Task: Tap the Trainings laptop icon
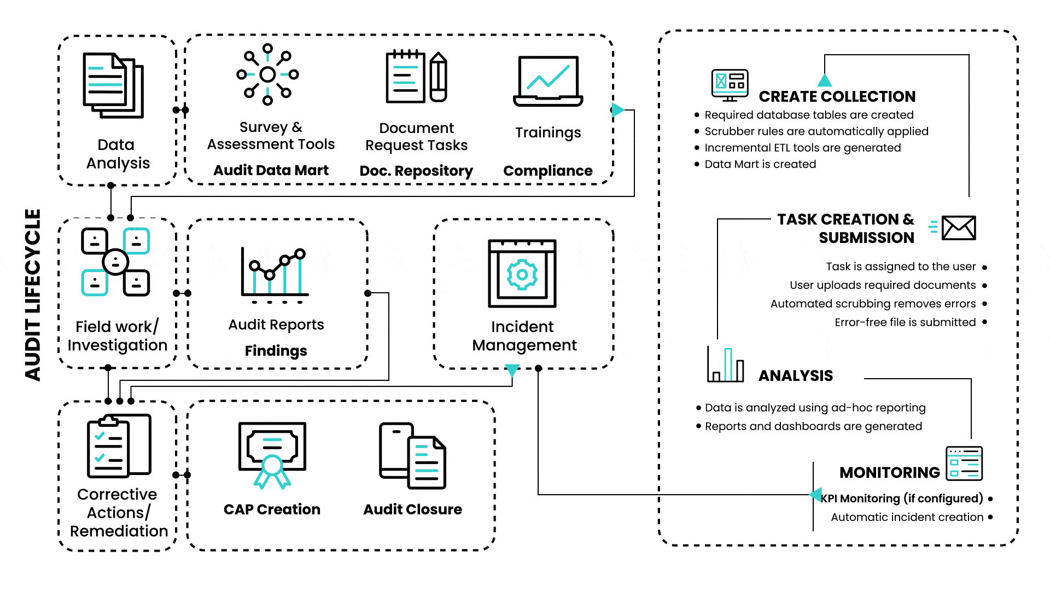pyautogui.click(x=548, y=81)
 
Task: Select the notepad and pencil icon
pyautogui.click(x=417, y=77)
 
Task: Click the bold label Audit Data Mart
pyautogui.click(x=271, y=170)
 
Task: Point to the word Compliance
pyautogui.click(x=547, y=171)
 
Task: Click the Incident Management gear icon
pyautogui.click(x=522, y=274)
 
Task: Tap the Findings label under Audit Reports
pyautogui.click(x=276, y=350)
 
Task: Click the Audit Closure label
pyautogui.click(x=412, y=509)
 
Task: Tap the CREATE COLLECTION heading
pyautogui.click(x=837, y=96)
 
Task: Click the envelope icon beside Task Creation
pyautogui.click(x=959, y=228)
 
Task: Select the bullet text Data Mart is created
pyautogui.click(x=760, y=164)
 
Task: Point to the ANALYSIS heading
pyautogui.click(x=795, y=375)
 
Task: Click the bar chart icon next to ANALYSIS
pyautogui.click(x=726, y=364)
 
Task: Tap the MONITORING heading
pyautogui.click(x=889, y=472)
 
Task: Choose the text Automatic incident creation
pyautogui.click(x=907, y=517)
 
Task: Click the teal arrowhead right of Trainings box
pyautogui.click(x=617, y=110)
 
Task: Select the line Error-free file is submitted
pyautogui.click(x=905, y=322)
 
